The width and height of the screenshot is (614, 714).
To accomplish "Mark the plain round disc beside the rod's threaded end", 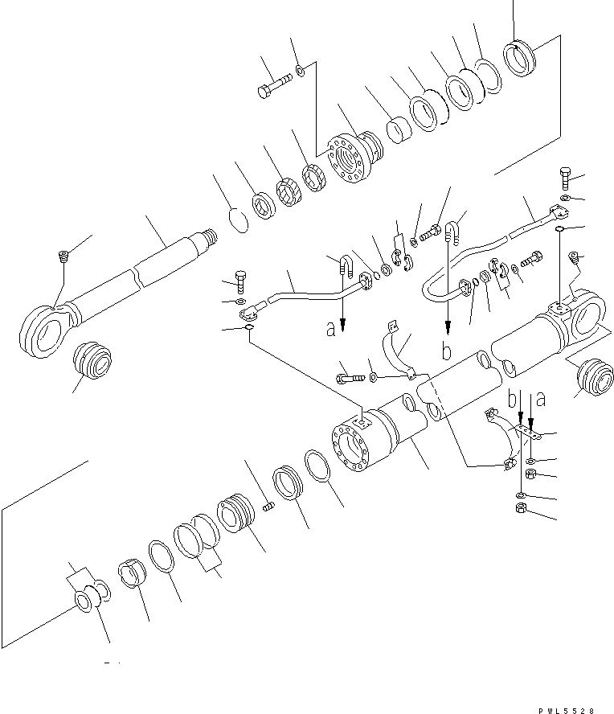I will (x=234, y=220).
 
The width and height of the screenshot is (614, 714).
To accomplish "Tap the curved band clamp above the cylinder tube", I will (x=396, y=350).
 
